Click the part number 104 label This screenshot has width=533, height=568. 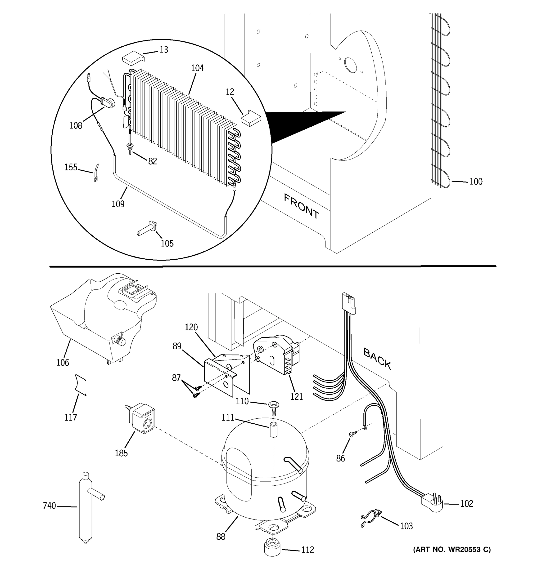[197, 68]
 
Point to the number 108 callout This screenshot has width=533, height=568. [76, 125]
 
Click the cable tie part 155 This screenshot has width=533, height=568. [96, 173]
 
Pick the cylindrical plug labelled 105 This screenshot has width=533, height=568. [148, 229]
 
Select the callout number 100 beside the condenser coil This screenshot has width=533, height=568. [476, 182]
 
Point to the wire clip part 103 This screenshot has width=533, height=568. [370, 518]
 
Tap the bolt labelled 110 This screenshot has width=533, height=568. [273, 408]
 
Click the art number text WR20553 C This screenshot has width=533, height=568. [452, 550]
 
